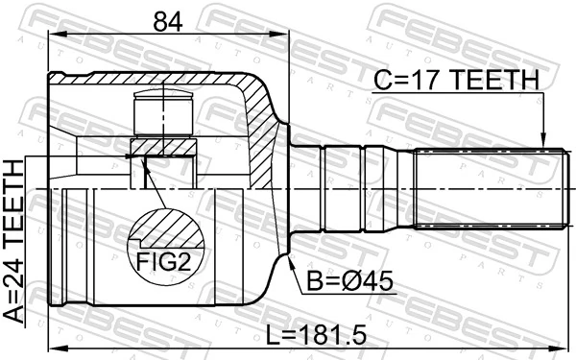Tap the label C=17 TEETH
coord(456,83)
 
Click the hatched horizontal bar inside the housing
coord(163,147)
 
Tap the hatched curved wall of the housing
coord(261,125)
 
